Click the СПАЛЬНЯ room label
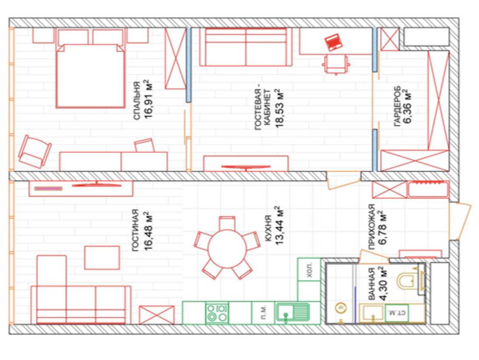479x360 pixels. point(137,100)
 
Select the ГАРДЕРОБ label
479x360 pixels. point(397,106)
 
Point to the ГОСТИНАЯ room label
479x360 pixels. point(135,230)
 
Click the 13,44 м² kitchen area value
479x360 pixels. point(279,225)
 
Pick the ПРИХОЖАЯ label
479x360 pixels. point(372,227)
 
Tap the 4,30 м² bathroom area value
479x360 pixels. point(382,284)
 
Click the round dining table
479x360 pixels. point(227,249)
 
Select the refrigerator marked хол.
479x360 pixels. point(309,269)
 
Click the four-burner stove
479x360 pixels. point(217,313)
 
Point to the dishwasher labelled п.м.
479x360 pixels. point(263,313)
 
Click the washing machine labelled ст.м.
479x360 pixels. point(397,313)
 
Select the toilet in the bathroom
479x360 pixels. point(410,280)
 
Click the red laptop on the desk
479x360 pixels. point(333,42)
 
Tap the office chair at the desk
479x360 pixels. point(336,64)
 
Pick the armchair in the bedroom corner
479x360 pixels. point(34,152)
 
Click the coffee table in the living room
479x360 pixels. point(102,258)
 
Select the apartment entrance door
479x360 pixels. point(459,221)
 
